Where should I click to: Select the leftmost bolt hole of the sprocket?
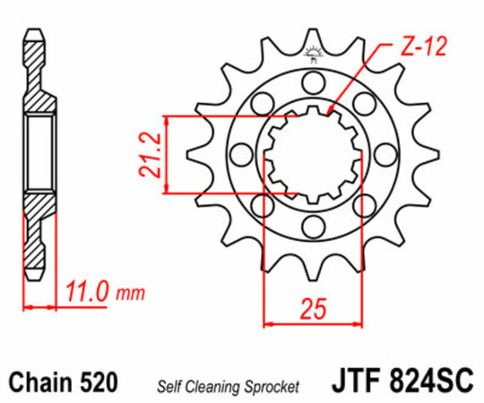point(240,153)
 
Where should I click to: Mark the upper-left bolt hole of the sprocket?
point(261,104)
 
